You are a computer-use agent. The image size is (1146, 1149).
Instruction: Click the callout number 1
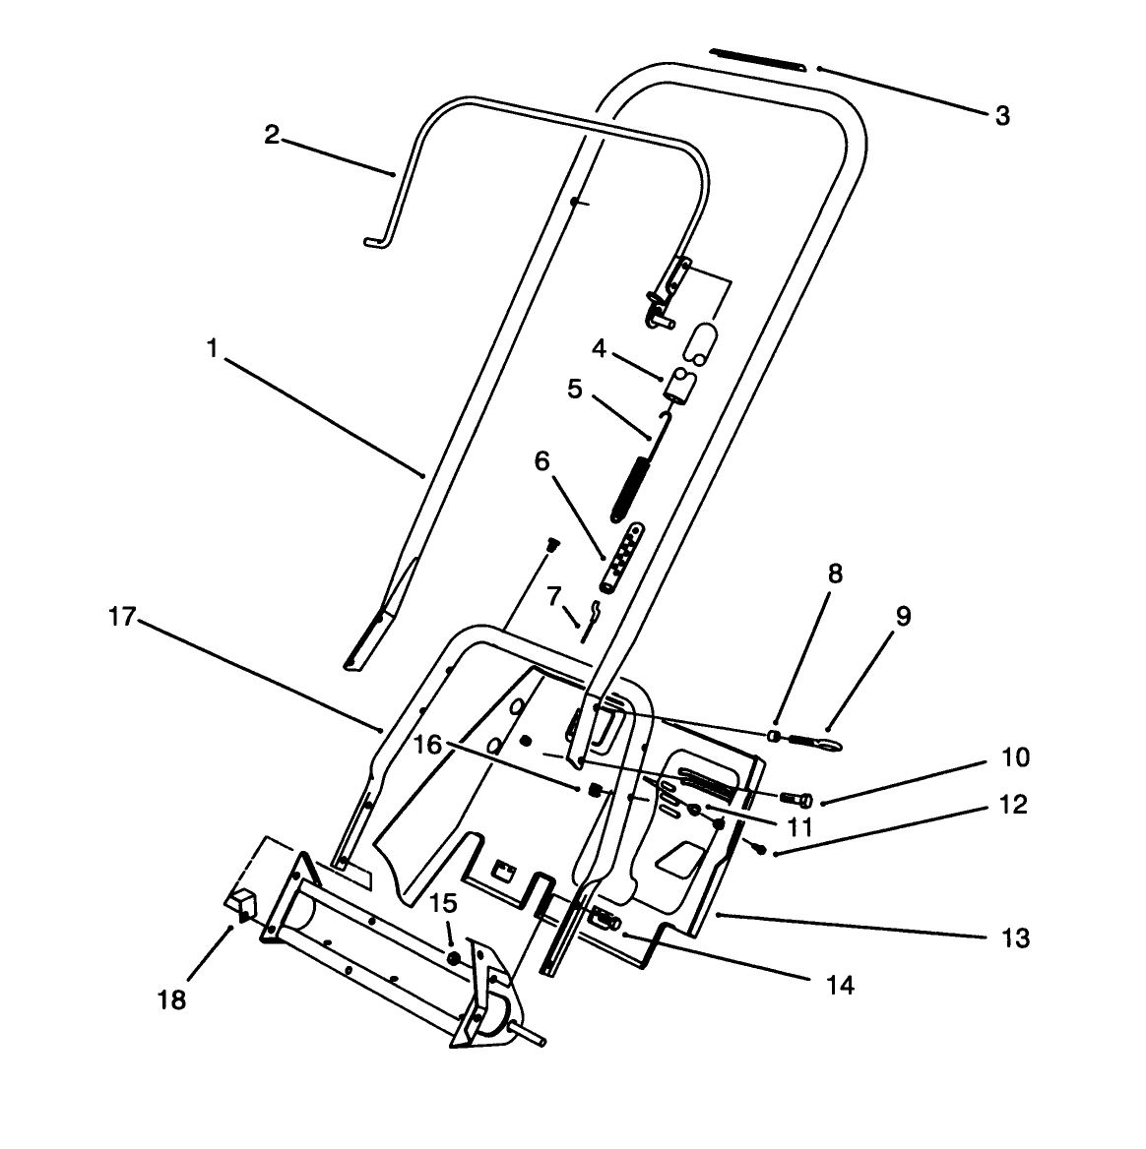pyautogui.click(x=211, y=349)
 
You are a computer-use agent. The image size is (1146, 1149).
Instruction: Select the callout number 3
pyautogui.click(x=1001, y=116)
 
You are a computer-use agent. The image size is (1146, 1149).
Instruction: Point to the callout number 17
pyautogui.click(x=121, y=617)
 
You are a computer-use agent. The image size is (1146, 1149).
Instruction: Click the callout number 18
pyautogui.click(x=170, y=1000)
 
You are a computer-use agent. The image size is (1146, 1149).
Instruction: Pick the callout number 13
pyautogui.click(x=1015, y=937)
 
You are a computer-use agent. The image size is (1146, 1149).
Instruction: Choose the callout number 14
pyautogui.click(x=840, y=984)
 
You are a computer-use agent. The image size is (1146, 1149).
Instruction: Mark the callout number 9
pyautogui.click(x=903, y=617)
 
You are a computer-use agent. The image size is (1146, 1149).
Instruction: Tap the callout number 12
pyautogui.click(x=1012, y=805)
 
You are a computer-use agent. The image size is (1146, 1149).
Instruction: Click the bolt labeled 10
pyautogui.click(x=797, y=799)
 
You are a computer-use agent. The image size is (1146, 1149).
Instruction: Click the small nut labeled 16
pyautogui.click(x=595, y=789)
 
